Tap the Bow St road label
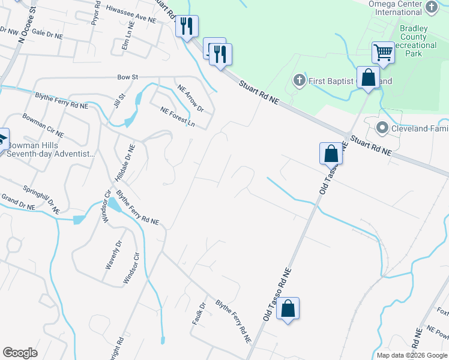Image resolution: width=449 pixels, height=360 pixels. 128,77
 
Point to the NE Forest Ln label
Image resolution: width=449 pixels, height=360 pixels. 178,116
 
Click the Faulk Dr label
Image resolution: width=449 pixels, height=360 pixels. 199,313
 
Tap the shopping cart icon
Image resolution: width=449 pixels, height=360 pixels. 383,52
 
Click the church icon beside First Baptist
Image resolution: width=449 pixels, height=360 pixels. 299,80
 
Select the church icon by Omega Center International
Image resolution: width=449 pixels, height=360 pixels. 432,7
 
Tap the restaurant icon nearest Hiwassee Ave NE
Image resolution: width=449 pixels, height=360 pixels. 187,26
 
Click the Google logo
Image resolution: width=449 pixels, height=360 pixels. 20,353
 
